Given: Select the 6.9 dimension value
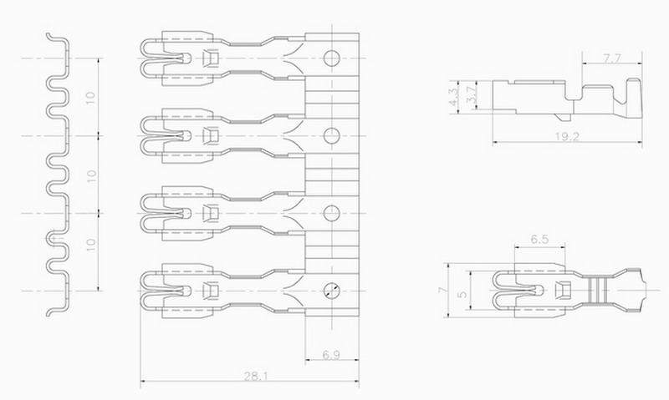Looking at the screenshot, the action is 331,354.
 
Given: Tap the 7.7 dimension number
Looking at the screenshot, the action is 612,58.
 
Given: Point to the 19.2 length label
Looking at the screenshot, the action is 567,136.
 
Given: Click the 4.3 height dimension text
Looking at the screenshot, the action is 454,96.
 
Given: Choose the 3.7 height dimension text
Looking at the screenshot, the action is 471,94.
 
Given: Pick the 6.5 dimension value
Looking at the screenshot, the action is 539,239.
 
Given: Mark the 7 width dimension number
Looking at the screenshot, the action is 444,290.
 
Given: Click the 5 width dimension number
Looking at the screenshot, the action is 462,294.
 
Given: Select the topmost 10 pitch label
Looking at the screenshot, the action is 90,97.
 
